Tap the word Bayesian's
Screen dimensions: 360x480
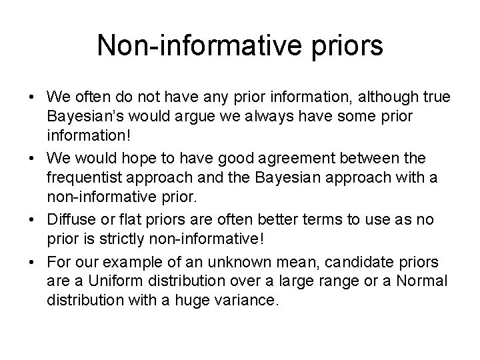tap(87, 117)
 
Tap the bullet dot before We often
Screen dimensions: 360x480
tap(31, 98)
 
